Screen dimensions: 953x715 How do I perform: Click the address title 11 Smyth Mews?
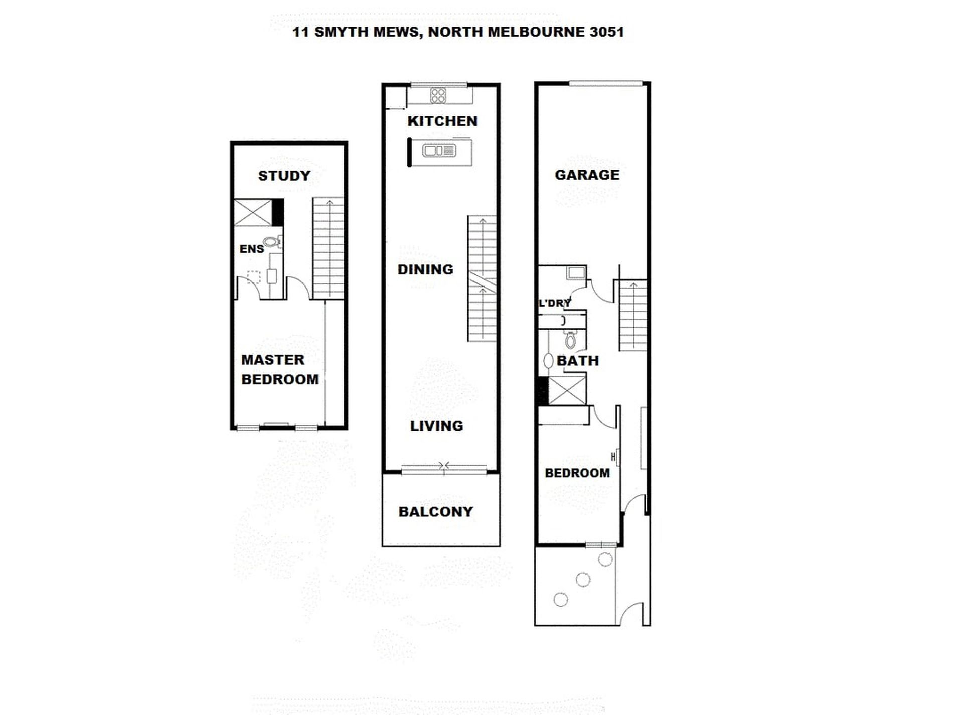click(x=458, y=32)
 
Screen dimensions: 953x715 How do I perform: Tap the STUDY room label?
click(x=284, y=176)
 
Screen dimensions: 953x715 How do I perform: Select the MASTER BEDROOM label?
click(x=280, y=369)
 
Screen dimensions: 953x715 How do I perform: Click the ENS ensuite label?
click(x=252, y=249)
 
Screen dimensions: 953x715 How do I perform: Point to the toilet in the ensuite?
click(x=272, y=242)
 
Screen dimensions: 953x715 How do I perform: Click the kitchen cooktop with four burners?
click(x=438, y=95)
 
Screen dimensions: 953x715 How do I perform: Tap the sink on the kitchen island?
click(x=439, y=150)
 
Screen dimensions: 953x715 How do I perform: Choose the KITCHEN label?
click(x=442, y=121)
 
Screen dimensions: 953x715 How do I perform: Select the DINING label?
click(x=425, y=269)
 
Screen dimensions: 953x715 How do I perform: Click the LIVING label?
click(x=436, y=426)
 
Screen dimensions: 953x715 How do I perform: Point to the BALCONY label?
click(x=436, y=512)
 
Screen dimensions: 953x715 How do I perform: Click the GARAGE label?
click(x=587, y=175)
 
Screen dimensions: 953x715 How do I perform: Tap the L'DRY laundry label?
click(x=555, y=303)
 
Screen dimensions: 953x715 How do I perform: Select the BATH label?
click(x=578, y=361)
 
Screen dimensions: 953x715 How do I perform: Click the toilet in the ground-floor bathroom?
click(x=570, y=340)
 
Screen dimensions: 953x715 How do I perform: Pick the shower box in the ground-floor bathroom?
click(x=567, y=390)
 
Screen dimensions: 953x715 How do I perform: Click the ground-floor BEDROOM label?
click(x=577, y=473)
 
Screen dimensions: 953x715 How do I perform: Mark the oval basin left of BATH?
click(x=548, y=361)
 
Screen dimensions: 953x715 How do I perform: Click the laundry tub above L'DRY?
click(x=576, y=273)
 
